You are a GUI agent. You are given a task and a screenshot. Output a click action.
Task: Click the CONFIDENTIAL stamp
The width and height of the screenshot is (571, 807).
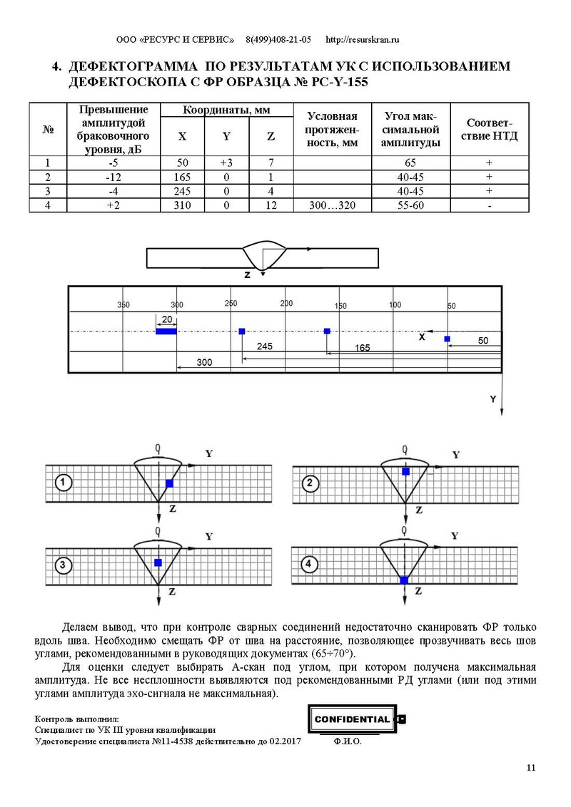[353, 719]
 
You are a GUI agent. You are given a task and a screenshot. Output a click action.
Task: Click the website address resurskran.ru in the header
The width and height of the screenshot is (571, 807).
[362, 40]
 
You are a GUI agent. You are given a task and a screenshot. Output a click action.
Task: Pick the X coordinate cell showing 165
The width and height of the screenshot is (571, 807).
[182, 177]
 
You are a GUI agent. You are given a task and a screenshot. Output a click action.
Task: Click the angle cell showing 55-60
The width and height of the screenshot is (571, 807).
[410, 205]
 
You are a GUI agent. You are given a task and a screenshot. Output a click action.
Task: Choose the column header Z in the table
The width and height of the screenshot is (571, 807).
[271, 136]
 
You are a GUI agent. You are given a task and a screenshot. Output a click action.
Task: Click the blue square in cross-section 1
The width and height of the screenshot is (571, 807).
[169, 483]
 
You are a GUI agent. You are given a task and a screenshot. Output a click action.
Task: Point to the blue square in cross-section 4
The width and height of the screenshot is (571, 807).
[404, 580]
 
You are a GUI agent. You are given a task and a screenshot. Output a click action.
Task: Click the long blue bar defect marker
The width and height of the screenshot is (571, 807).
[166, 331]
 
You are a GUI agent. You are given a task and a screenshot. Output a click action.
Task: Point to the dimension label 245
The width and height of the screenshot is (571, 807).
[265, 346]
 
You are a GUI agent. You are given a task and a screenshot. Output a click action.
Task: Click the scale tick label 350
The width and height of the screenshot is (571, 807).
[123, 304]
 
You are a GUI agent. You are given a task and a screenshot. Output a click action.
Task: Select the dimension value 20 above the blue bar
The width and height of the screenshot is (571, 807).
[167, 319]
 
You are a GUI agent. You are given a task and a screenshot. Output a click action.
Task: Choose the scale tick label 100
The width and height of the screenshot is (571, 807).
[395, 304]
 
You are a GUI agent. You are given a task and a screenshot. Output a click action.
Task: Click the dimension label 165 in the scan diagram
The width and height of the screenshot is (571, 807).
[363, 348]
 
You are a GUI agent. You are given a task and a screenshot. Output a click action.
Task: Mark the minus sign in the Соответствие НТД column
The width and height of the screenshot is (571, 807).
[490, 205]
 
